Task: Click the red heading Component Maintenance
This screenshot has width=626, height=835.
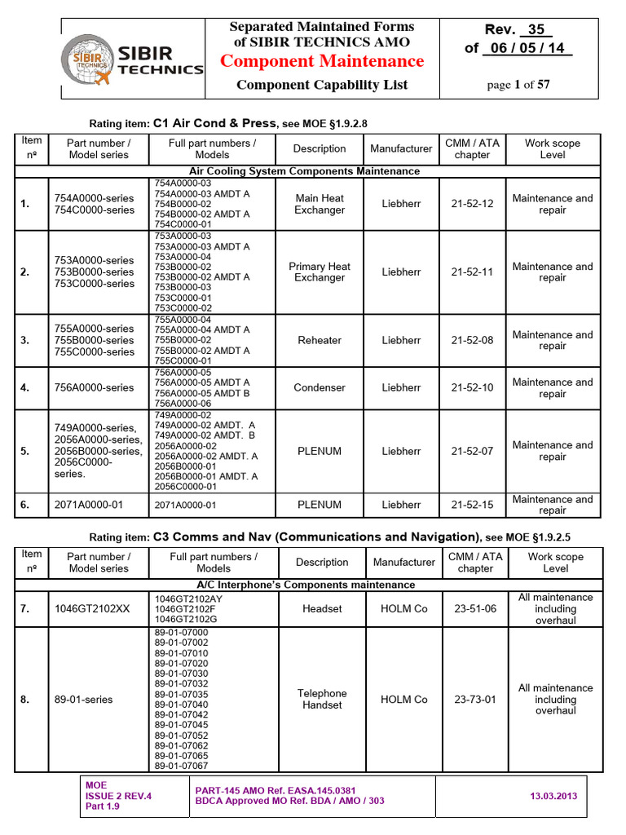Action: coord(322,61)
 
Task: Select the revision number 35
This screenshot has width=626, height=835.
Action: coord(535,29)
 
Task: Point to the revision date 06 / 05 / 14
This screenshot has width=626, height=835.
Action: coord(528,48)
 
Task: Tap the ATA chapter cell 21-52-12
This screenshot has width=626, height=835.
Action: coord(472,204)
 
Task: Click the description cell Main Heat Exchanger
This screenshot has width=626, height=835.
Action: coord(320,204)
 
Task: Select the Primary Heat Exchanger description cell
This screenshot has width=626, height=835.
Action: coord(320,272)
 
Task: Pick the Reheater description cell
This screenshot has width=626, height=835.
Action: coord(320,340)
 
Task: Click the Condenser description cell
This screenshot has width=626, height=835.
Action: coord(320,388)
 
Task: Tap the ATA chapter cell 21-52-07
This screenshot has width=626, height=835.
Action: coord(472,451)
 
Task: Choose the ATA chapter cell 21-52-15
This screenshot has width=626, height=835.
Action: coord(472,505)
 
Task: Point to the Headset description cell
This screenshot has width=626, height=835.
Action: coord(322,609)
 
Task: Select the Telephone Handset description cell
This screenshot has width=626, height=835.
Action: coord(322,699)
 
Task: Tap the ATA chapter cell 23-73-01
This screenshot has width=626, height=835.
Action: coord(475,699)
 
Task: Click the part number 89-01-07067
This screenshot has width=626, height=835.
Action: coord(181,766)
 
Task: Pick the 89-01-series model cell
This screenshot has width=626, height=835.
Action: coord(84,699)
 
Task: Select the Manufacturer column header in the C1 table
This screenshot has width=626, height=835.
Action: coord(401,148)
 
